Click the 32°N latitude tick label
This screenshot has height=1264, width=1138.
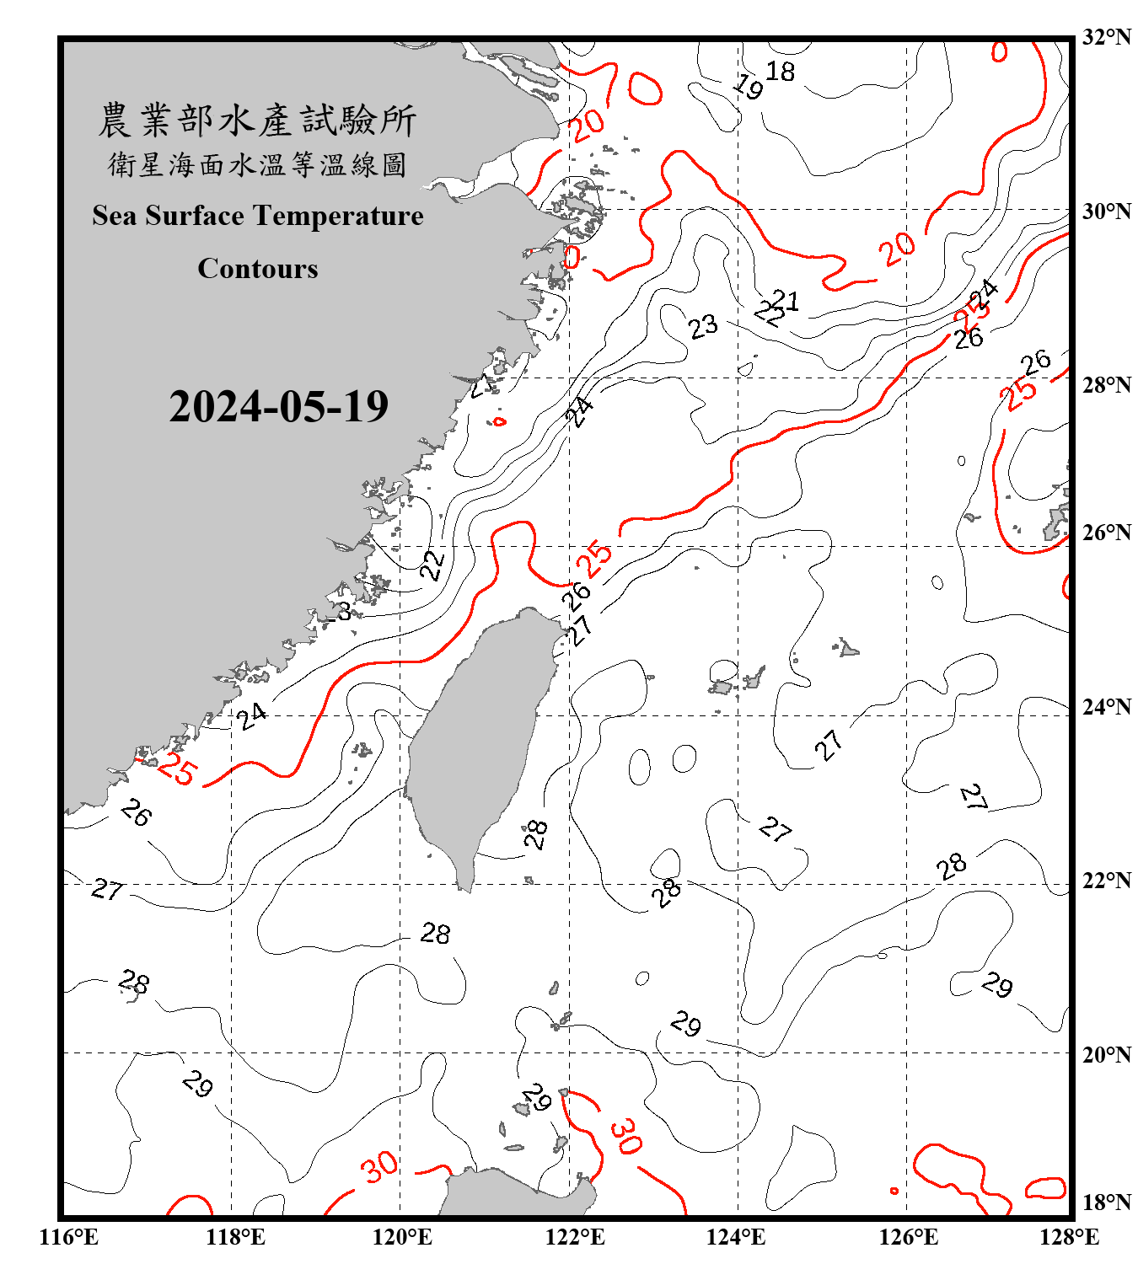pos(1106,37)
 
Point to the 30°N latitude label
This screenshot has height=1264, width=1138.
pos(1106,212)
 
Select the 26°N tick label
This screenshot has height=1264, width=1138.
pos(1106,533)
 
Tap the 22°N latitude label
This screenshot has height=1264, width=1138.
pos(1106,881)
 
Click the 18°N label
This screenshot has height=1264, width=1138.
pos(1106,1202)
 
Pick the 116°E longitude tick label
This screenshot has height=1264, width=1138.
pos(69,1237)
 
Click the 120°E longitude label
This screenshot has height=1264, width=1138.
pos(402,1237)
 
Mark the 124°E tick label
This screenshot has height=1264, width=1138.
pos(736,1237)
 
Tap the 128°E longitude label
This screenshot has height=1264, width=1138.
pos(1069,1237)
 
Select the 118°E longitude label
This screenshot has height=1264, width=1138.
pos(235,1237)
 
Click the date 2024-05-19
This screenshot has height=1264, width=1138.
pos(278,407)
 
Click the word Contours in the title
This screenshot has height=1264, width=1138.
pos(258,269)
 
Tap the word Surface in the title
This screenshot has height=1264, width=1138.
pos(195,216)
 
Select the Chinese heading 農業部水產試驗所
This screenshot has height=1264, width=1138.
pos(257,121)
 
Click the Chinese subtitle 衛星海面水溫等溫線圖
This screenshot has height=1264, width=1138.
pos(257,164)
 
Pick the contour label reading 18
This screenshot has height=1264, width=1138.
pos(780,72)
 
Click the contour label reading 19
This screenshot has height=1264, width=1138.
pos(748,85)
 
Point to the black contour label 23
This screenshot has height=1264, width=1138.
pos(702,326)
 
